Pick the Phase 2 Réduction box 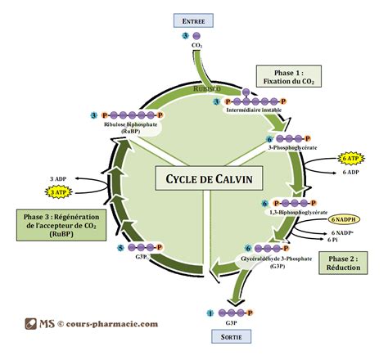point(344,263)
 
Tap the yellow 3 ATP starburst point(59,191)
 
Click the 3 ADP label point(58,178)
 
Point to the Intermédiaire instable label point(251,110)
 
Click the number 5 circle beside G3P point(121,247)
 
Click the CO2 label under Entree point(196,46)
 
